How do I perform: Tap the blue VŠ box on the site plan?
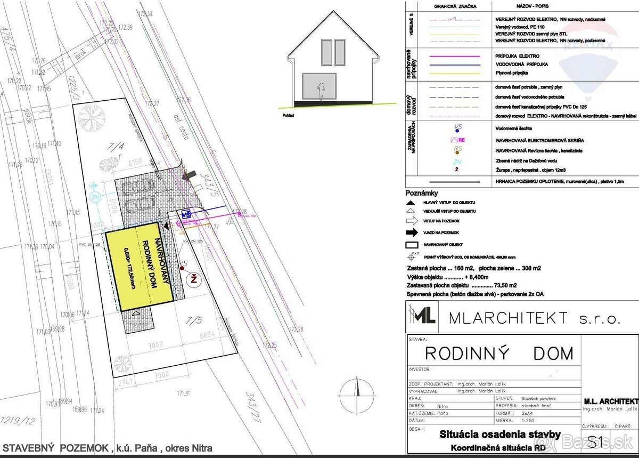coord(186,214)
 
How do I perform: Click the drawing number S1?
coord(595,441)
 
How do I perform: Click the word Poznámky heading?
coord(422,193)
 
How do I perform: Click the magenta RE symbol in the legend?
coord(458,140)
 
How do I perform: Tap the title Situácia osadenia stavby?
coord(499,435)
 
